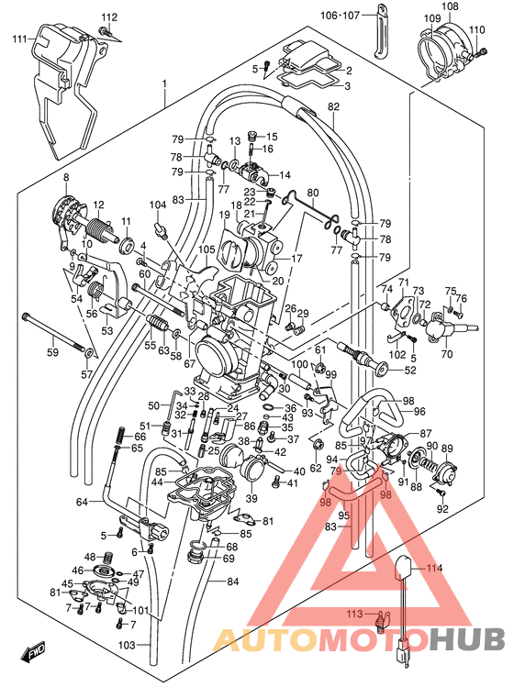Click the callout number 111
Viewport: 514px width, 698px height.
tap(18, 39)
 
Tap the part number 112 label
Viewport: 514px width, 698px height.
tap(109, 17)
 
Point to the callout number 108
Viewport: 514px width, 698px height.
tap(449, 6)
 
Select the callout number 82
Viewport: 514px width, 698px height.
tap(332, 107)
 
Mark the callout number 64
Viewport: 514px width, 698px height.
tap(81, 501)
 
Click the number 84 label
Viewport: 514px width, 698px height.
tap(231, 582)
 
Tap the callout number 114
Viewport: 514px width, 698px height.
tap(432, 568)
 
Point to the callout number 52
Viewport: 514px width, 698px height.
tap(409, 371)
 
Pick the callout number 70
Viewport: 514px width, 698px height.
tap(446, 353)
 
